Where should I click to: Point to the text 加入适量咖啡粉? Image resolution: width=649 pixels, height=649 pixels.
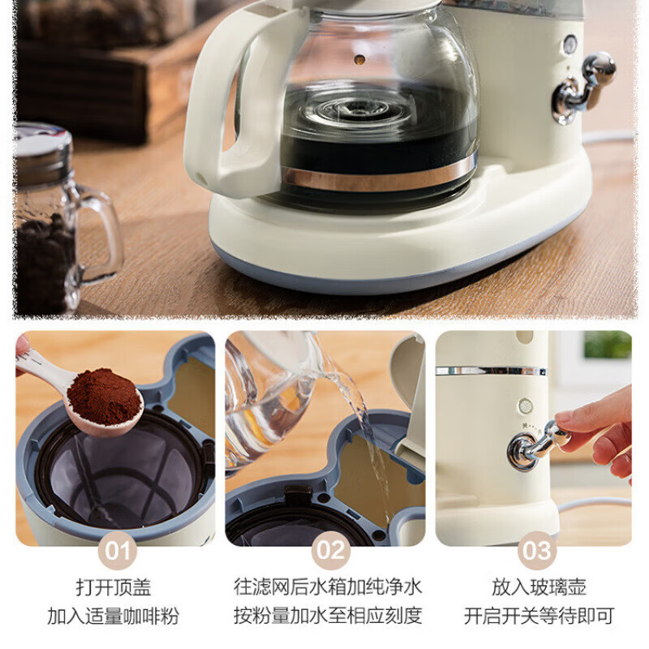[x=115, y=616]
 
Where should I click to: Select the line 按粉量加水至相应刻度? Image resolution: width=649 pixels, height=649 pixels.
[x=328, y=616]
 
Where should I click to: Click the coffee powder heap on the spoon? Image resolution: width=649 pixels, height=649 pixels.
[x=103, y=396]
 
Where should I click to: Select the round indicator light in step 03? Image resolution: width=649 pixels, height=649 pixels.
[x=526, y=405]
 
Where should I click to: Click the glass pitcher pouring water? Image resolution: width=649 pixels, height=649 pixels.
[x=272, y=398]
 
